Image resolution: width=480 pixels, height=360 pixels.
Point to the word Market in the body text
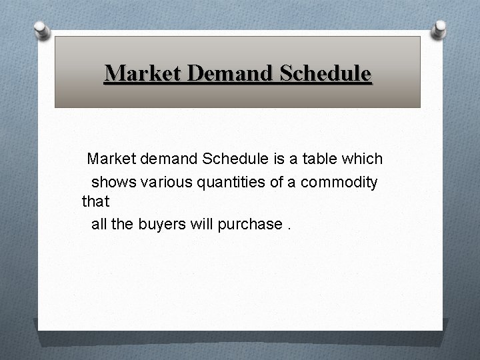[111, 159]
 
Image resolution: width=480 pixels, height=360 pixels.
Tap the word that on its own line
[95, 203]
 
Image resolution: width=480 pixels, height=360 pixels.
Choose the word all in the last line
[99, 224]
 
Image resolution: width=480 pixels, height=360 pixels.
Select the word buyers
[159, 224]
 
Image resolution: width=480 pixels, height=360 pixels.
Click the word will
[201, 224]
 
